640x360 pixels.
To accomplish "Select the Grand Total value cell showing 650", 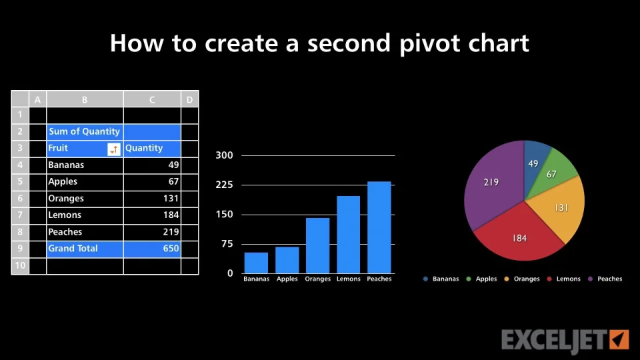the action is tap(152, 249).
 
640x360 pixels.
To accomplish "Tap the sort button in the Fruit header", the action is tap(114, 149).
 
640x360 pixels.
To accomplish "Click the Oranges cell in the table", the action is tap(85, 199).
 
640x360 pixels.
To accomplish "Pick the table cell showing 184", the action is tap(152, 215).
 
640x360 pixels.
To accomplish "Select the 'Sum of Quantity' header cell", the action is tap(85, 131).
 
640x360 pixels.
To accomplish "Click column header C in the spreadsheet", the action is tap(152, 99).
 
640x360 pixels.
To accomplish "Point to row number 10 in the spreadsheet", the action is tap(20, 266).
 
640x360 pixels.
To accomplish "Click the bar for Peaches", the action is tap(379, 227).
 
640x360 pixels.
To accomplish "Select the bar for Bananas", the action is tap(256, 263).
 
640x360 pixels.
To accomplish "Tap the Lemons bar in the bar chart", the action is tap(348, 235).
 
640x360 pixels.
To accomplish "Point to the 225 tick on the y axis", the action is tap(224, 185).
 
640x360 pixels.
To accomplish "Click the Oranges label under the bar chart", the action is tap(317, 279).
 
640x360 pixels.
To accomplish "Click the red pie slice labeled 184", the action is tap(519, 237).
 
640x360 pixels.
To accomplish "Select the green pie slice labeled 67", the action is tap(553, 172).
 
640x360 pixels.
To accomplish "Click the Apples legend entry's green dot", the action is tap(469, 279).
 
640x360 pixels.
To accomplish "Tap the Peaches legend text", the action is tap(610, 279).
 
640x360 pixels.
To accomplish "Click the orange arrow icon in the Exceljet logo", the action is tap(619, 339).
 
